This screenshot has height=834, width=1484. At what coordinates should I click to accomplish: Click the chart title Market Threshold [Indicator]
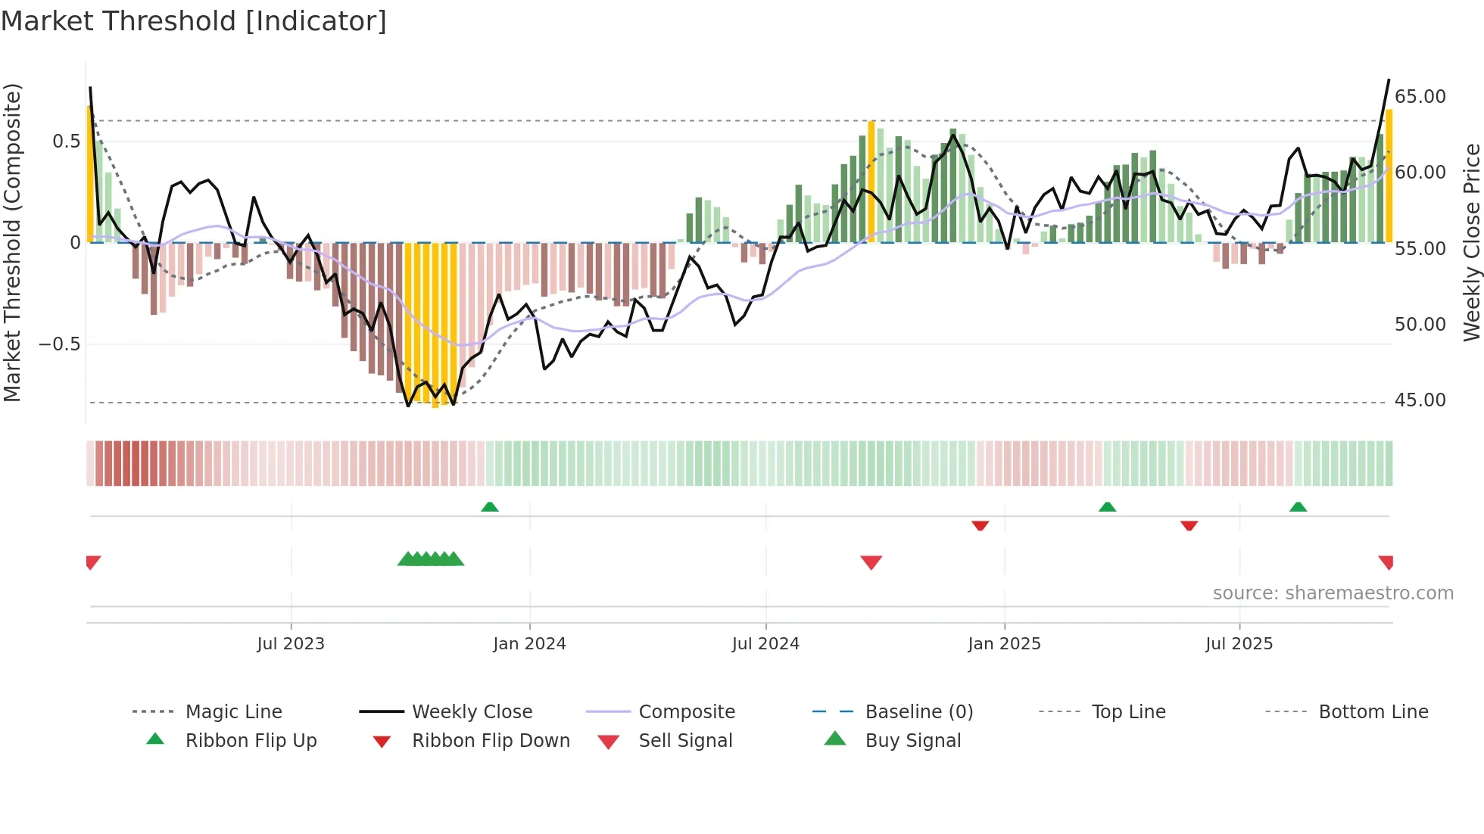(194, 21)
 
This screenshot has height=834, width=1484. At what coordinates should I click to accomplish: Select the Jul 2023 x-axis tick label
(291, 644)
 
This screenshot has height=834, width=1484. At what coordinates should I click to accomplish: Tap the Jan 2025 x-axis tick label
(1004, 644)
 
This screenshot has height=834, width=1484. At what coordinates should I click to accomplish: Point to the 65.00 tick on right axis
(1420, 97)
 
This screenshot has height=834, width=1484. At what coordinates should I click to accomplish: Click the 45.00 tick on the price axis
(1420, 400)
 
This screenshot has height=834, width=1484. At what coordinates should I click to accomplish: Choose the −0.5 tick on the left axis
(59, 344)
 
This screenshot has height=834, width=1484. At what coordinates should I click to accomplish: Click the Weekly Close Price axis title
(1471, 242)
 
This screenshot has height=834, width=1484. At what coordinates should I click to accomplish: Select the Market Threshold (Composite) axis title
(12, 242)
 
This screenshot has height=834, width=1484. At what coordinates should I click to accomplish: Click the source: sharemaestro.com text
(1333, 593)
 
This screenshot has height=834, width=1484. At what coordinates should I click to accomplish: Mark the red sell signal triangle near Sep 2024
(871, 562)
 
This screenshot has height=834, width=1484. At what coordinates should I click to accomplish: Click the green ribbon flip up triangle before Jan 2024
(490, 507)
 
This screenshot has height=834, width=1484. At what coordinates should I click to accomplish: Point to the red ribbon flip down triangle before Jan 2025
(980, 525)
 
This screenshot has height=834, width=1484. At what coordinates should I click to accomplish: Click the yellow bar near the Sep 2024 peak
(871, 182)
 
